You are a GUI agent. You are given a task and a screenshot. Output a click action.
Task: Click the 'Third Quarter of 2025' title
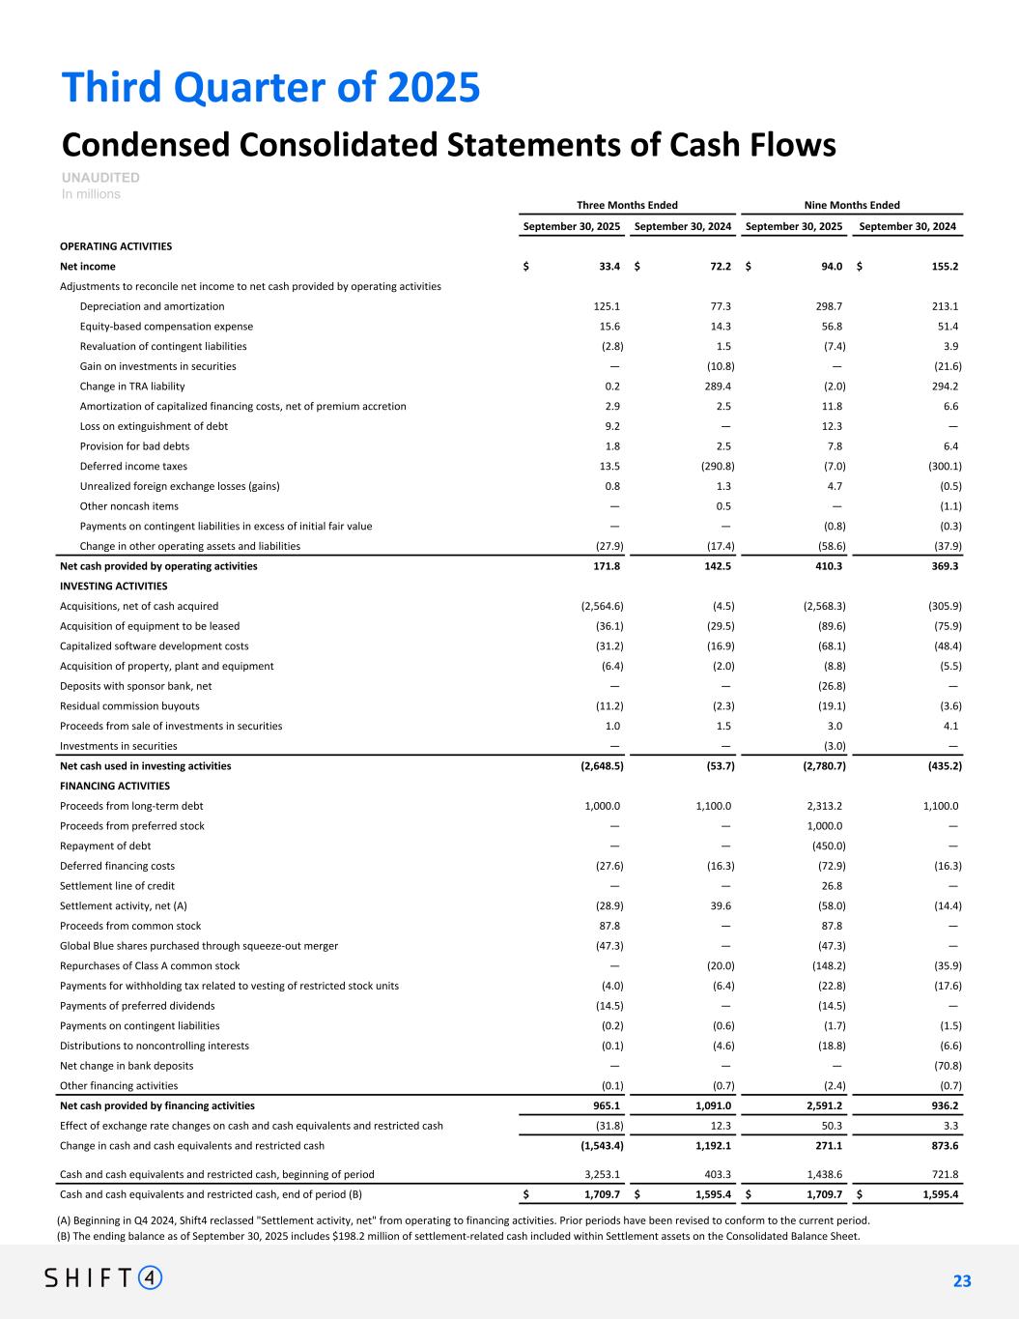click(270, 88)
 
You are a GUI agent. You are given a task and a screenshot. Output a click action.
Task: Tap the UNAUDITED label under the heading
click(100, 178)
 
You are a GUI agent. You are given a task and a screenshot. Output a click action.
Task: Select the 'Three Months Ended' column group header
click(627, 205)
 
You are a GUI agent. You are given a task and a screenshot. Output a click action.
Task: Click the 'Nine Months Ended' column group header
click(852, 205)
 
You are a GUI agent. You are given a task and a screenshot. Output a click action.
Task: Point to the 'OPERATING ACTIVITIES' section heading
click(116, 246)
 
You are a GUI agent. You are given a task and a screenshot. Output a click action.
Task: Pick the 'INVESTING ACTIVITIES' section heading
click(113, 586)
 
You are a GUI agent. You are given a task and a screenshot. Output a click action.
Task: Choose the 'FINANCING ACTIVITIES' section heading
click(115, 786)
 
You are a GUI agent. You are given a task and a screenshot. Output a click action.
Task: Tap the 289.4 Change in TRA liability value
click(717, 387)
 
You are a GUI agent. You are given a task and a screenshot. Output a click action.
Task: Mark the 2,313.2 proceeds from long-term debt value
click(823, 806)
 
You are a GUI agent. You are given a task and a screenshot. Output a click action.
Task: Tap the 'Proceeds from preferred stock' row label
click(132, 826)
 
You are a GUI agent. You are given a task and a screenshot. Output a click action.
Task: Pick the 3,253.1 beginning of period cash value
click(598, 1175)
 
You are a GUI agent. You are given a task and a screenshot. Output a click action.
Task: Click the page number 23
click(961, 1281)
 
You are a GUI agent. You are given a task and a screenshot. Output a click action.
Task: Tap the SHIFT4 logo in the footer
click(104, 1278)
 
